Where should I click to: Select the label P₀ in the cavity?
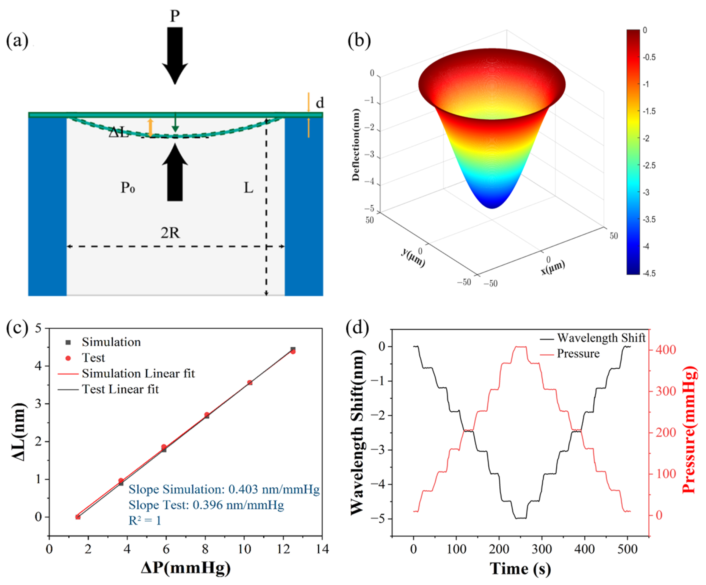(x=128, y=188)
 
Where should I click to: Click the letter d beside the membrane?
(x=320, y=103)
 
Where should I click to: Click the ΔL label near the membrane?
(x=118, y=132)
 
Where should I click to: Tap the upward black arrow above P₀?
(x=175, y=173)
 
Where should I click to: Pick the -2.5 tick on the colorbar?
(x=649, y=165)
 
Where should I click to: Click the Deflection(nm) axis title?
(x=356, y=145)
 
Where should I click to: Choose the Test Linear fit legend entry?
(x=120, y=389)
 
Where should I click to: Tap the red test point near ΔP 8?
(x=207, y=415)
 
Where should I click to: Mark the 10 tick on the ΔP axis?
(x=244, y=549)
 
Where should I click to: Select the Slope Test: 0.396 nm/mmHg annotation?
(x=206, y=505)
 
